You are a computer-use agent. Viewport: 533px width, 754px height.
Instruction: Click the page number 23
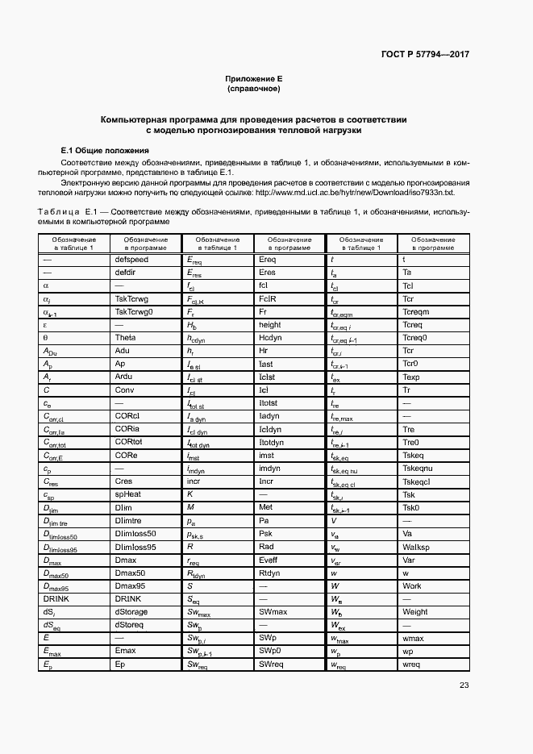464,685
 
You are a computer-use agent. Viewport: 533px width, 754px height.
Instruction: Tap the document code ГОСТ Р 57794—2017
426,54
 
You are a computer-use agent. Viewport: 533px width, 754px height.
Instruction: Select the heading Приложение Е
253,78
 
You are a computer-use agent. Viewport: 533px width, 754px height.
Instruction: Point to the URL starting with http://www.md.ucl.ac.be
354,193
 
